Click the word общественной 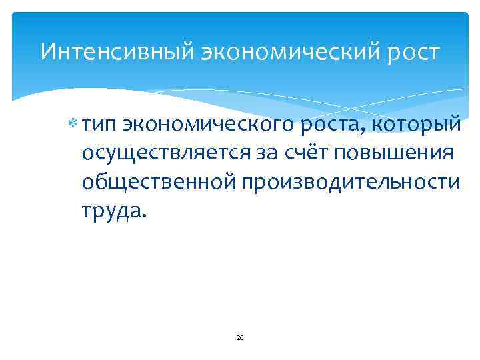coord(157,182)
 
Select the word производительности coord(349,182)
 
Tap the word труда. coord(109,211)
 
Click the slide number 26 coord(240,338)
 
